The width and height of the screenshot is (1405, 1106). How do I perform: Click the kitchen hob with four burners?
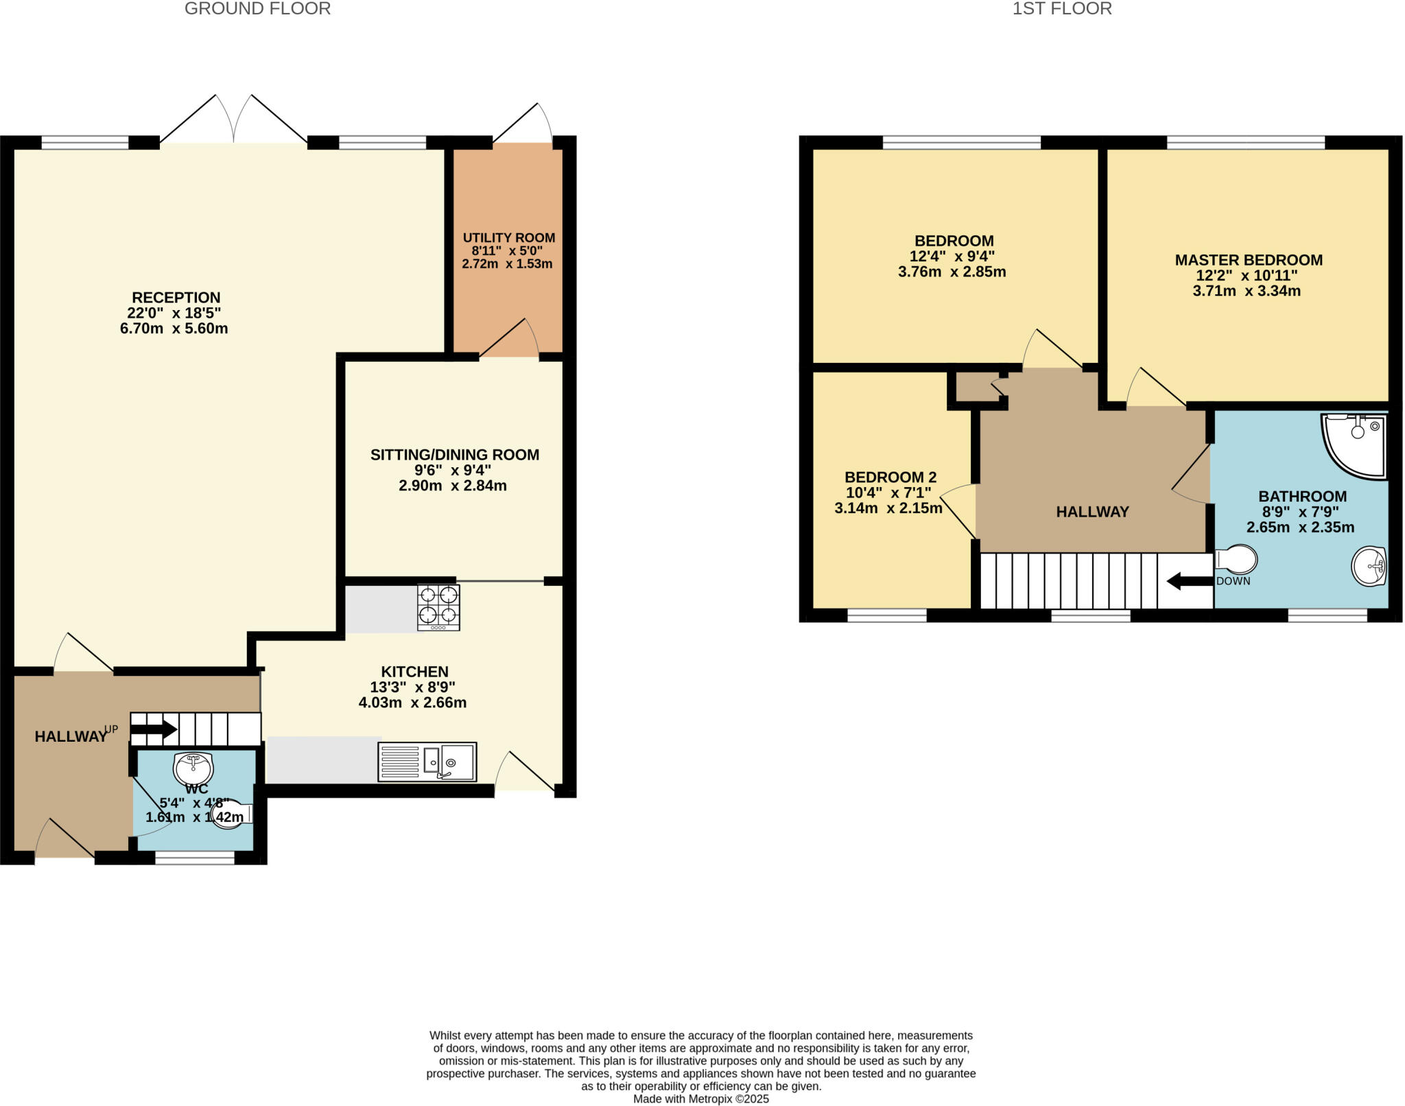pos(438,607)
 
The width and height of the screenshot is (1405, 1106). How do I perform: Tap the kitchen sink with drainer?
pos(427,762)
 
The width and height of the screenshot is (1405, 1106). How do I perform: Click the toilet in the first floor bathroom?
pos(1236,559)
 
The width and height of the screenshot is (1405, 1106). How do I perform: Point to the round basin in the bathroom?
pos(1369,566)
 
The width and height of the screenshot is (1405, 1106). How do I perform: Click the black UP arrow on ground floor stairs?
pos(154,729)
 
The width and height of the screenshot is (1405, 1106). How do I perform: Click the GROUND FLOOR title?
pos(257,9)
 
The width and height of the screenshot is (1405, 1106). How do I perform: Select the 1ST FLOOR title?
pos(1062,9)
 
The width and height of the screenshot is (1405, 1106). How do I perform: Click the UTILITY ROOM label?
pos(508,238)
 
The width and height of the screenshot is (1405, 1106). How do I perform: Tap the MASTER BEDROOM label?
pos(1249,260)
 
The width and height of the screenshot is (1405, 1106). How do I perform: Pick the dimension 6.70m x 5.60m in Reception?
pos(174,329)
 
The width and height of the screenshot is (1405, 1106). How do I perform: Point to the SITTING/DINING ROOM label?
pos(454,455)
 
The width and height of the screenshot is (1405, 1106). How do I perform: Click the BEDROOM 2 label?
pos(890,477)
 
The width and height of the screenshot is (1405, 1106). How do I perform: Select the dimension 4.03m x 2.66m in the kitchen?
pos(412,703)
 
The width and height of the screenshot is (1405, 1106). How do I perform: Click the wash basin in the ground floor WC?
pos(194,766)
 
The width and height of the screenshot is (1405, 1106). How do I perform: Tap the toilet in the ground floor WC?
pos(230,814)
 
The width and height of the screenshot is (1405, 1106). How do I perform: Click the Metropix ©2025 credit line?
pos(700,1099)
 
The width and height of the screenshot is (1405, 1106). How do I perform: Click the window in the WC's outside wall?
pos(195,857)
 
